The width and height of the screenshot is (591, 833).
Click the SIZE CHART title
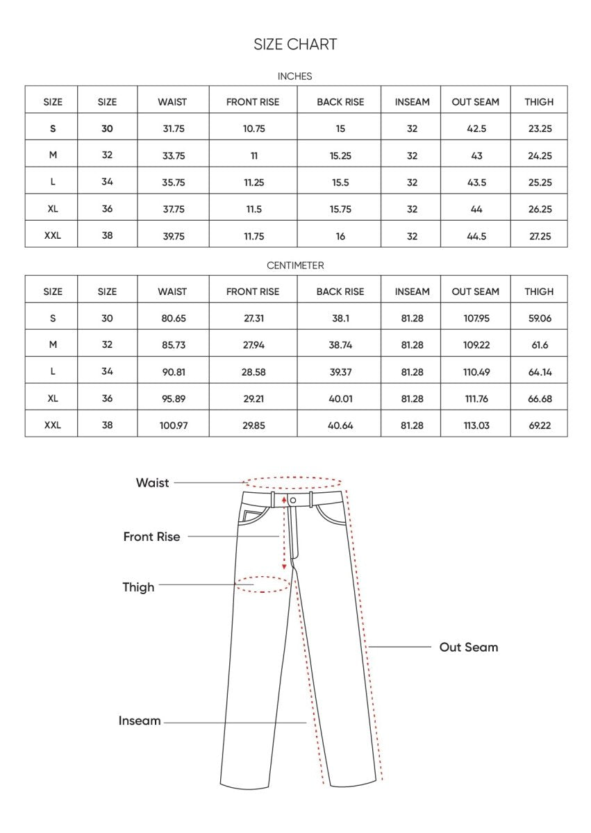[x=295, y=44]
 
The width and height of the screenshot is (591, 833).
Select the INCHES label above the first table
[x=295, y=76]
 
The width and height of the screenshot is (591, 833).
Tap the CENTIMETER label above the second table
[x=295, y=265]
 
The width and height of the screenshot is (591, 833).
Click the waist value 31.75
[x=172, y=129]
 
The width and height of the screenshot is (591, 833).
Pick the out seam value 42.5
[x=476, y=129]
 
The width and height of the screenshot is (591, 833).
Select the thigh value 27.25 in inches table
[x=540, y=236]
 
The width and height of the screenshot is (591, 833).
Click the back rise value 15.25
[x=340, y=156]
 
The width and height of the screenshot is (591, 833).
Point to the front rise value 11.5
[x=253, y=210]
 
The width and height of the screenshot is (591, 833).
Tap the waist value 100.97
[x=172, y=426]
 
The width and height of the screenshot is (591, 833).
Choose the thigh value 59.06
[x=540, y=319]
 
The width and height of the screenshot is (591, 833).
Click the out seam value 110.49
[x=476, y=372]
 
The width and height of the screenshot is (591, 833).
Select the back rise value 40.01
[x=340, y=399]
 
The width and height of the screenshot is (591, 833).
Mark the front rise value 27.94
[x=253, y=345]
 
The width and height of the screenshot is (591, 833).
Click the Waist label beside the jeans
[x=152, y=483]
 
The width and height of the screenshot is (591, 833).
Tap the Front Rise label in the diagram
[x=151, y=537]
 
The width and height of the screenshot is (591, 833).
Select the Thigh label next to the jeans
[x=138, y=587]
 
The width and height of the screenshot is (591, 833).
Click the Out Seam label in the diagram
[x=469, y=648]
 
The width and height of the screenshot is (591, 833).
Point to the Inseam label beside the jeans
[x=140, y=721]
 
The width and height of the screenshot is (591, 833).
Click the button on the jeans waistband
[x=293, y=500]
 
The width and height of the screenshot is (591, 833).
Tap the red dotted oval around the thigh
[x=263, y=584]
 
